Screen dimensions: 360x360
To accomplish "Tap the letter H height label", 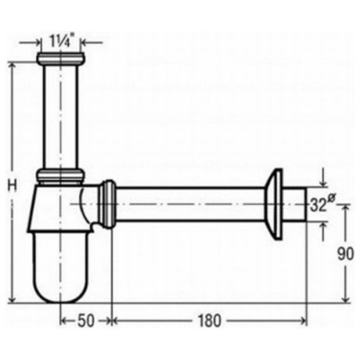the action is click(12, 185).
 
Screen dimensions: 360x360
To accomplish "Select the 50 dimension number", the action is click(85, 320).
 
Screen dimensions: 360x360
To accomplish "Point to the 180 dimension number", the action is click(209, 320).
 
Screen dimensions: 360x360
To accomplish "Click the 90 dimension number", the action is click(345, 255).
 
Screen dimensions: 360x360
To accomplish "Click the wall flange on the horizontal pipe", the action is click(274, 204).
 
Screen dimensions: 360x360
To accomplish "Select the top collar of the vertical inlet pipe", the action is click(60, 58).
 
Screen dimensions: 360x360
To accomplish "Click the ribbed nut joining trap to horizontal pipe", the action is click(108, 204).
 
